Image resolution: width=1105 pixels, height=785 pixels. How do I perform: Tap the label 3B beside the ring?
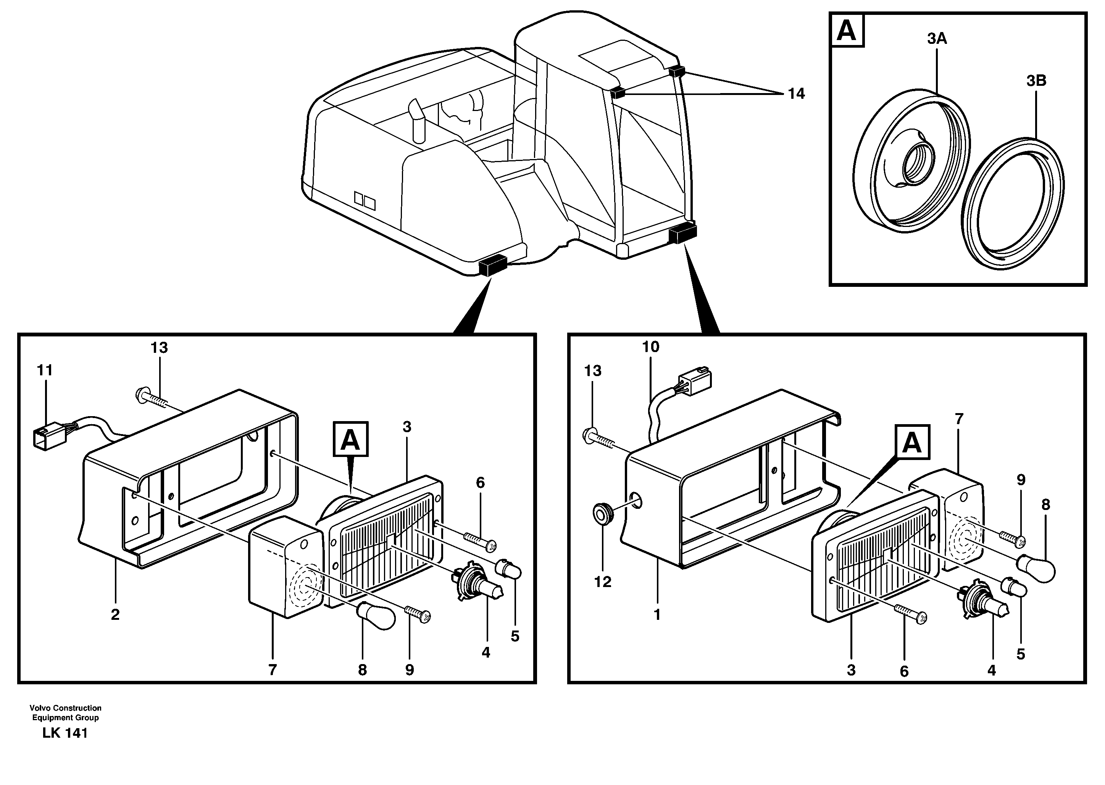pyautogui.click(x=1036, y=81)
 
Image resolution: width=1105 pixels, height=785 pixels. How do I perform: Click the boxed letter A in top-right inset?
pyautogui.click(x=847, y=31)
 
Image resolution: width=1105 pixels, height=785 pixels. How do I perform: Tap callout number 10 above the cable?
pyautogui.click(x=650, y=347)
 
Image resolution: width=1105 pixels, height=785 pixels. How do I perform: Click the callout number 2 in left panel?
pyautogui.click(x=115, y=615)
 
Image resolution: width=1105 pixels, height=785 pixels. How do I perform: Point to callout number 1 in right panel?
pyautogui.click(x=657, y=615)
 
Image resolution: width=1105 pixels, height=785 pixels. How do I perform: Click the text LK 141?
pyautogui.click(x=65, y=733)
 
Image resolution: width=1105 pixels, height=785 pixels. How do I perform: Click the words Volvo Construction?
pyautogui.click(x=65, y=708)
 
